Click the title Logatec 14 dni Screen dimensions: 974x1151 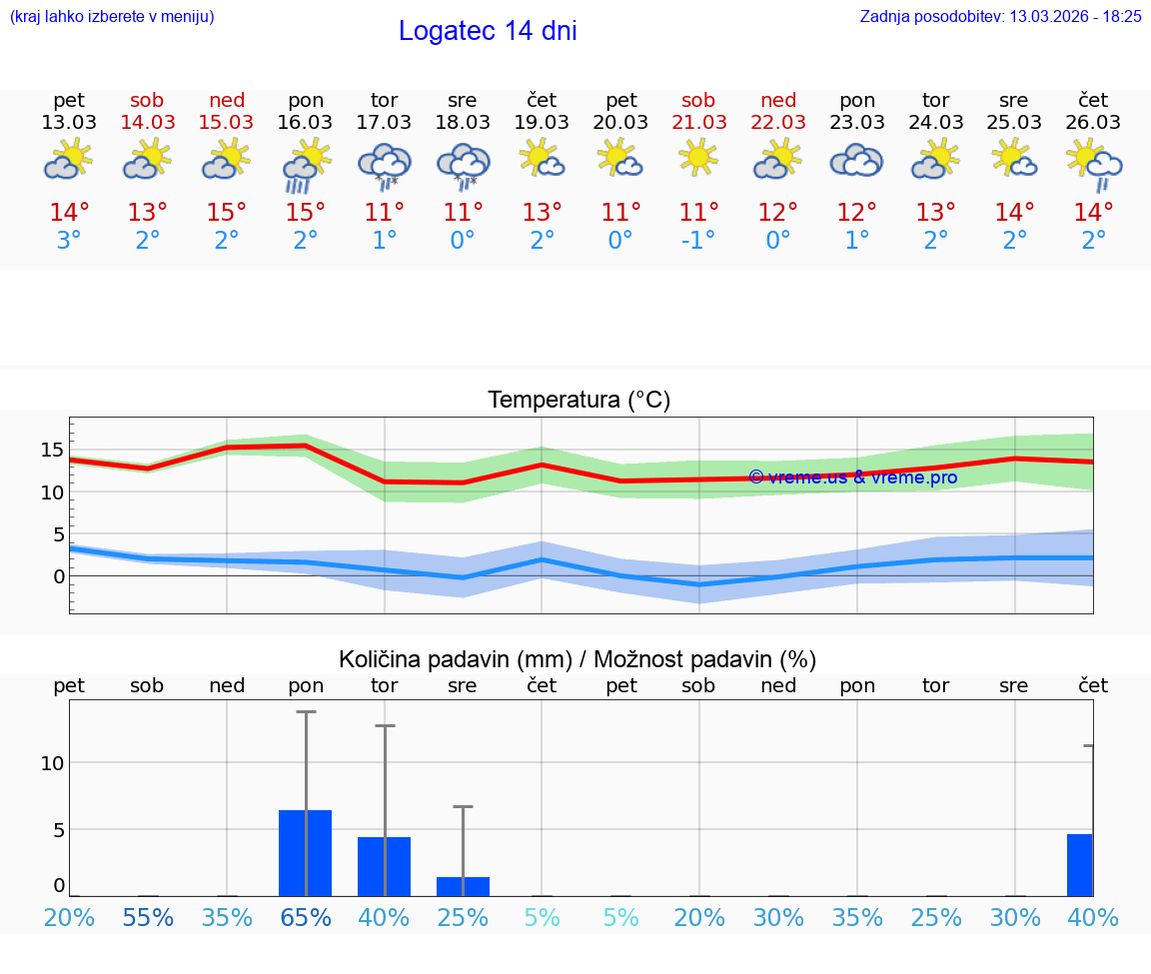point(488,31)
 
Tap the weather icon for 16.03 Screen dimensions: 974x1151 point(306,166)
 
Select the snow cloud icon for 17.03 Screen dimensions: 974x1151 point(385,166)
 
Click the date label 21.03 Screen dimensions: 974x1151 point(699,123)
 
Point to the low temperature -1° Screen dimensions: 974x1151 point(699,241)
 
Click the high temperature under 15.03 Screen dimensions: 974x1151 point(227,213)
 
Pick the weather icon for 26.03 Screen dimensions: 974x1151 point(1094,166)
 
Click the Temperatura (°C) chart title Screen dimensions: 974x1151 point(578,401)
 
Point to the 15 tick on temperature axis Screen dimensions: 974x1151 point(52,450)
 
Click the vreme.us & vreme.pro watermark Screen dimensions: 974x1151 point(852,478)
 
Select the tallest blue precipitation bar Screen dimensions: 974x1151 point(306,853)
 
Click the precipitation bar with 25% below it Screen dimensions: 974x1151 point(463,886)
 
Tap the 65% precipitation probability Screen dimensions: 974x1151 point(306,917)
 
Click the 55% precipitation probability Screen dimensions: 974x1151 point(147,917)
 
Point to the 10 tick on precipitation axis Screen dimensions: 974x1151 point(52,762)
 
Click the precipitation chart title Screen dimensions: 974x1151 point(577,659)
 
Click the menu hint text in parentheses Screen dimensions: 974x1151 point(112,17)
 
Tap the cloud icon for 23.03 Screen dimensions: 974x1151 point(857,161)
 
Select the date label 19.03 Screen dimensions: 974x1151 point(542,123)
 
